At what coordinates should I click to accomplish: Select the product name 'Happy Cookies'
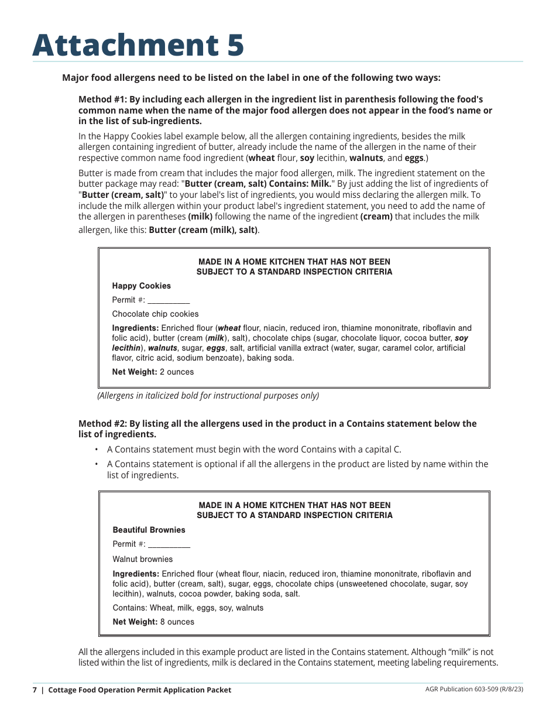[x=141, y=286]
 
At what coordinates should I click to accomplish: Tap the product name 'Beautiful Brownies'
[x=149, y=530]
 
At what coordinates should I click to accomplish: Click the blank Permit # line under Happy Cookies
[x=168, y=300]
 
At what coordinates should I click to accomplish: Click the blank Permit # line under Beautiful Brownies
[x=169, y=544]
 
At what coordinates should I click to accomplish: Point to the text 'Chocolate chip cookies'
[x=155, y=314]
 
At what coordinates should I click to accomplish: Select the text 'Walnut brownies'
[x=142, y=559]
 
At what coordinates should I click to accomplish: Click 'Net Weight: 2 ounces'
[x=153, y=372]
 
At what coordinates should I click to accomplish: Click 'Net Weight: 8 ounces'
[x=153, y=622]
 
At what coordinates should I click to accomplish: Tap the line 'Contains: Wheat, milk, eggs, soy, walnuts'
[x=188, y=608]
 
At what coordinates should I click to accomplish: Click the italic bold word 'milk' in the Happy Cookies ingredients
[x=216, y=338]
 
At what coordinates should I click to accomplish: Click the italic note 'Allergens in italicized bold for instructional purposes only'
[x=208, y=396]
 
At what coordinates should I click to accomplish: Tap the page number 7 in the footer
[x=35, y=690]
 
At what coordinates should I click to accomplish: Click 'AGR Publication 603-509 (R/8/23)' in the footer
[x=474, y=690]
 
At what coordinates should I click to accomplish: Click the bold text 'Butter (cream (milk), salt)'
[x=203, y=230]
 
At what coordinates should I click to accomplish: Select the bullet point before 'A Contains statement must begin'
[x=96, y=450]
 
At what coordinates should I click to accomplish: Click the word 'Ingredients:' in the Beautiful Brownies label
[x=136, y=574]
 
